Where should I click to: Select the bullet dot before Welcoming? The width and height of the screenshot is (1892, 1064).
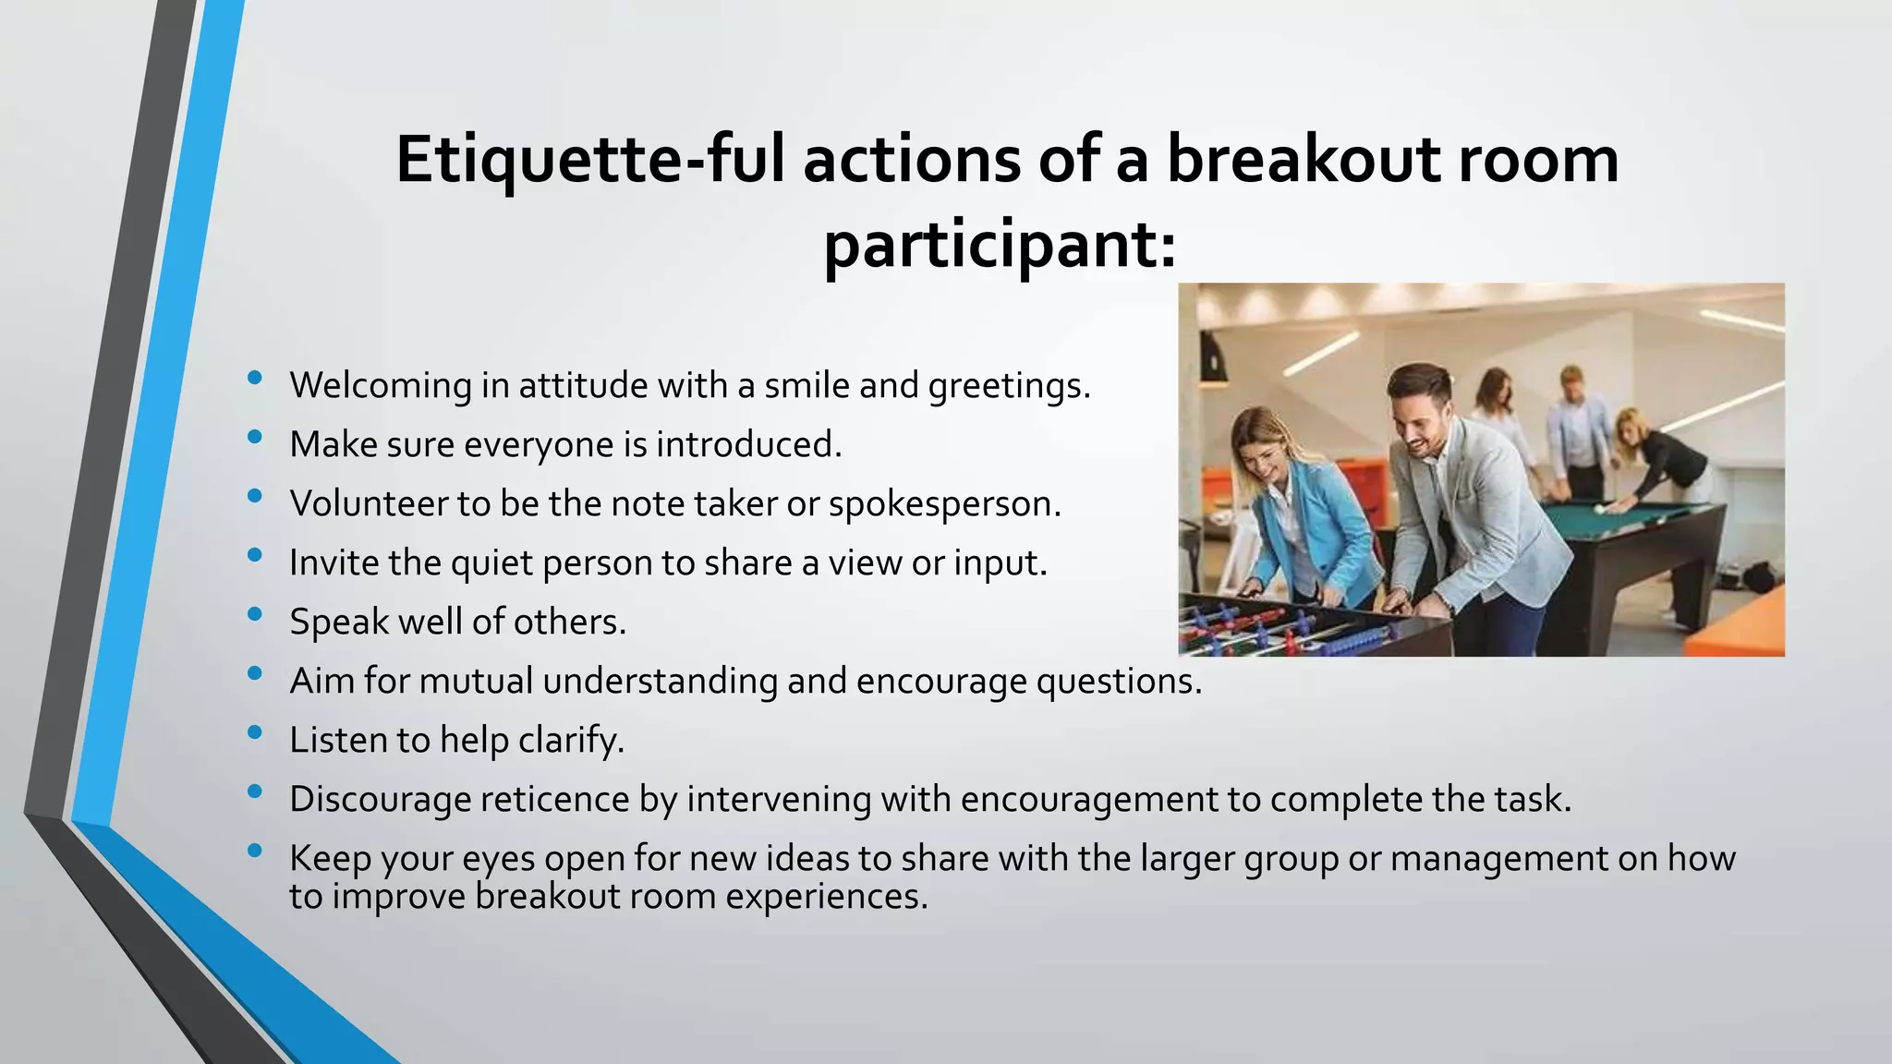click(x=255, y=377)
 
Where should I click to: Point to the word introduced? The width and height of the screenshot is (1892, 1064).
click(x=748, y=444)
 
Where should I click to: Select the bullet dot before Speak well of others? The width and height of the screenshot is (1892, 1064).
click(x=255, y=613)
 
